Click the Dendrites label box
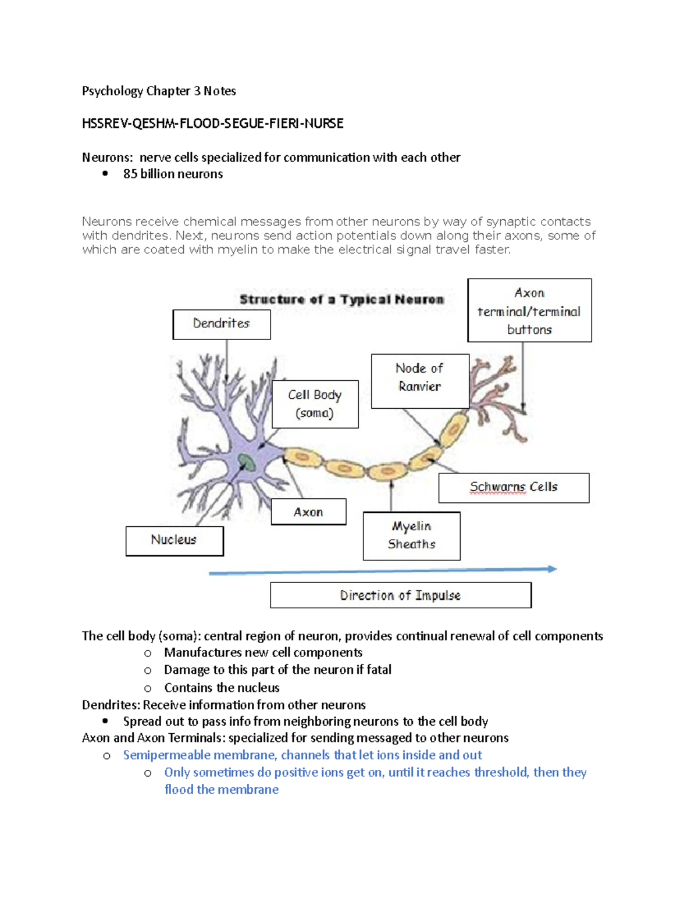(221, 324)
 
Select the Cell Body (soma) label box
(315, 404)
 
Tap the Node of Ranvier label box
(419, 381)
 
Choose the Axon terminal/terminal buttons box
(529, 310)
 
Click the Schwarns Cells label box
(514, 487)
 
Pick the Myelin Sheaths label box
(411, 536)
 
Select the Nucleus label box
(174, 540)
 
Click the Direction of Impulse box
(400, 595)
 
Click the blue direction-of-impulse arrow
(382, 571)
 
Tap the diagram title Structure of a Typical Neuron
(341, 299)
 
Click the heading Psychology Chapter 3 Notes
(159, 91)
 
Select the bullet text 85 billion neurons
(173, 174)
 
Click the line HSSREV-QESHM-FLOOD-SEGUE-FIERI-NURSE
(212, 123)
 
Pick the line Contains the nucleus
(222, 688)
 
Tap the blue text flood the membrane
(221, 790)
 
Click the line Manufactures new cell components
(263, 652)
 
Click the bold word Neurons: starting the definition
(107, 158)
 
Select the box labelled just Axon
(308, 512)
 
